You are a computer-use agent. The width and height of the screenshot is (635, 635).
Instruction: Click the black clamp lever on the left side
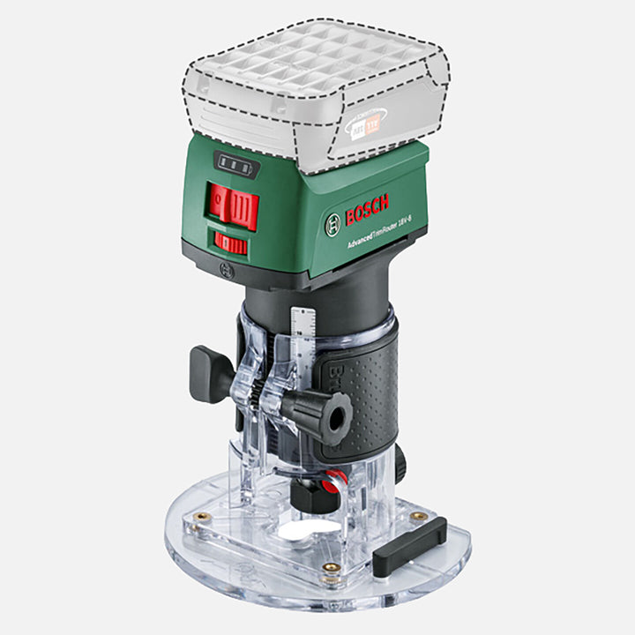pyautogui.click(x=210, y=371)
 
